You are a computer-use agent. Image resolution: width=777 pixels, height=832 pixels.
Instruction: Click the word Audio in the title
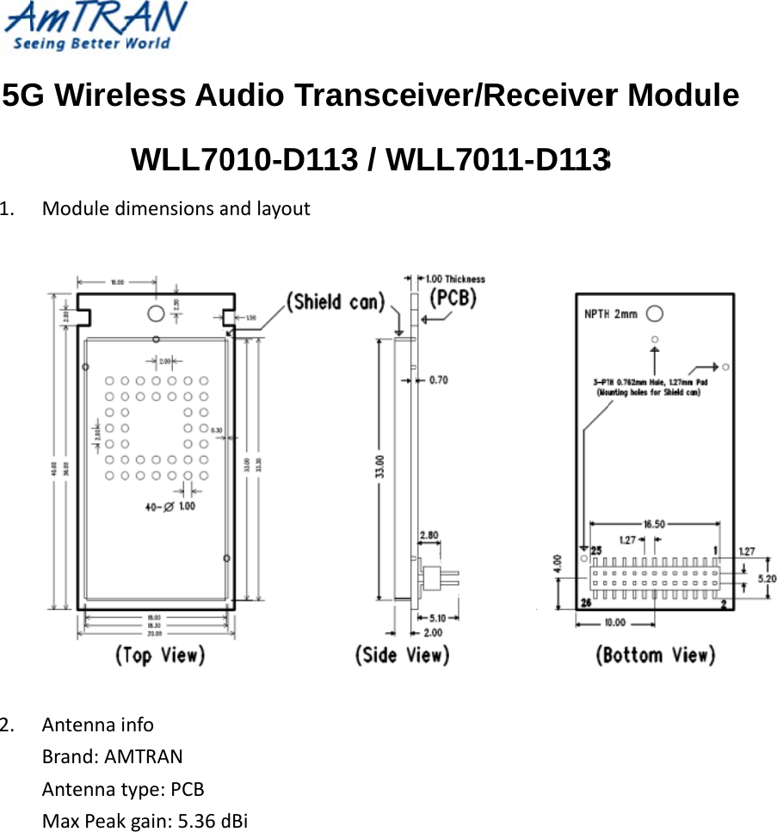tap(238, 95)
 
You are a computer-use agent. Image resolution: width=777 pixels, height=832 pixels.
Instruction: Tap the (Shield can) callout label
tap(336, 302)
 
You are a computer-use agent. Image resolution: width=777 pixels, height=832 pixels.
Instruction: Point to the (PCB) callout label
tap(453, 298)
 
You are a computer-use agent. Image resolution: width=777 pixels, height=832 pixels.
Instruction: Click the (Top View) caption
tap(161, 655)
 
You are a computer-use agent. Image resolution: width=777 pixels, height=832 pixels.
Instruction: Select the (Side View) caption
tap(402, 655)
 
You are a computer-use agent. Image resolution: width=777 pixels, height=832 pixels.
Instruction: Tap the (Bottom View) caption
tap(655, 655)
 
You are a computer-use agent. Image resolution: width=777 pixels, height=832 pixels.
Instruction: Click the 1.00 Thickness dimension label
tap(455, 279)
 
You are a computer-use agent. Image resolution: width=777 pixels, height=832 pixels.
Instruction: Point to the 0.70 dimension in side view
tap(439, 379)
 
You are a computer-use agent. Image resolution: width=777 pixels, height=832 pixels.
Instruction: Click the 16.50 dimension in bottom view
tap(654, 522)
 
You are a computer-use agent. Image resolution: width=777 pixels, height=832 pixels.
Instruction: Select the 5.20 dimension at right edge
tap(766, 578)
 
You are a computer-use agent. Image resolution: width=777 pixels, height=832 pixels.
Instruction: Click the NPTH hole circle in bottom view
tap(655, 313)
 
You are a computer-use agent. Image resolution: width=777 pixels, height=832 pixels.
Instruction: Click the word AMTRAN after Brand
tap(143, 757)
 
